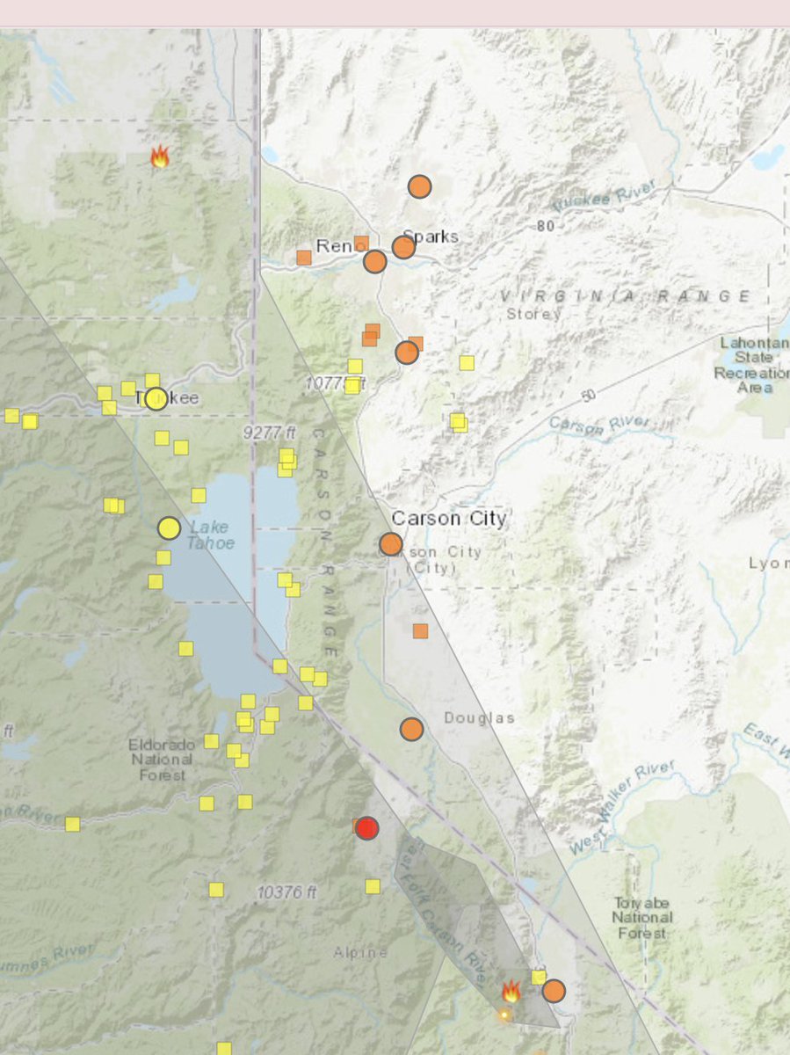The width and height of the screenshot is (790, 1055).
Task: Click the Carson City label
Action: pyautogui.click(x=449, y=519)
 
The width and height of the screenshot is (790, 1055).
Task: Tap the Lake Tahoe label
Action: pyautogui.click(x=211, y=535)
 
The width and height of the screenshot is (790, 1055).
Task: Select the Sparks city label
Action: pyautogui.click(x=431, y=236)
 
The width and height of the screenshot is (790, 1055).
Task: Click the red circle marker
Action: pyautogui.click(x=367, y=828)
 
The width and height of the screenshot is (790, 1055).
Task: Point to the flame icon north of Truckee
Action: pyautogui.click(x=160, y=157)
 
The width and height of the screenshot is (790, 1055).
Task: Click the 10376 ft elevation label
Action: pyautogui.click(x=286, y=892)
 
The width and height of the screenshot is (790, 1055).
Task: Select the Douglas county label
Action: pyautogui.click(x=479, y=718)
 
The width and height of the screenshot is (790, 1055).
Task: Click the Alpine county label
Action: pyautogui.click(x=360, y=953)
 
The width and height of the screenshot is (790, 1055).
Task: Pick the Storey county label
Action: pyautogui.click(x=533, y=314)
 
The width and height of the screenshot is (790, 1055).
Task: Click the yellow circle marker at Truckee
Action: pyautogui.click(x=156, y=399)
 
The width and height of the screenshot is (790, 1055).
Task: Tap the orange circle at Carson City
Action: pyautogui.click(x=391, y=544)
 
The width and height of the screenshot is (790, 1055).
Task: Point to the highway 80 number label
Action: pyautogui.click(x=545, y=226)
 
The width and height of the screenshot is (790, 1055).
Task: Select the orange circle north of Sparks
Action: pyautogui.click(x=420, y=186)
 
